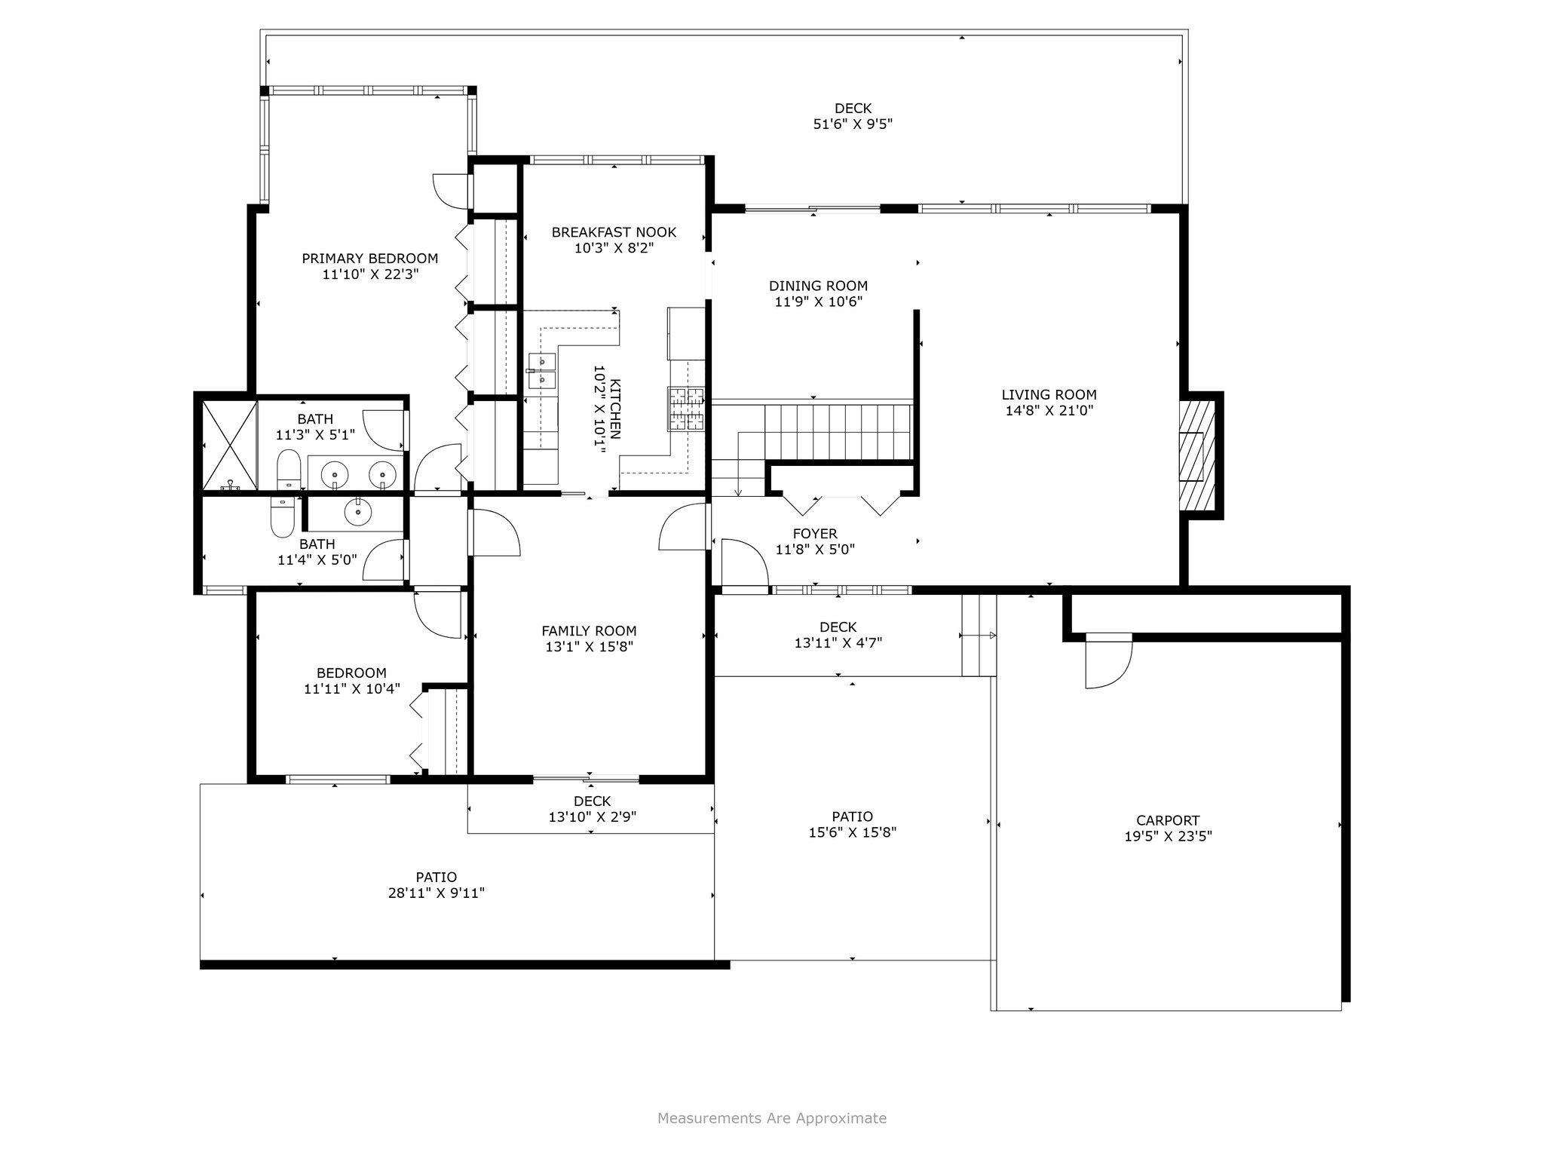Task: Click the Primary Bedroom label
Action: click(369, 259)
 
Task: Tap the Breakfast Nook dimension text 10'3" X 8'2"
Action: click(614, 248)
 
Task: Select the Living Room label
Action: click(1049, 394)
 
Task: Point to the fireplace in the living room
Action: click(1197, 452)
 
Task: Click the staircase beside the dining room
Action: click(838, 432)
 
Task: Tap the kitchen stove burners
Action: click(685, 408)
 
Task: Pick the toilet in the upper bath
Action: click(288, 469)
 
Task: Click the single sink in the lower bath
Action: click(357, 513)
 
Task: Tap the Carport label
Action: click(1168, 820)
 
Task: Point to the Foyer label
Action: click(815, 534)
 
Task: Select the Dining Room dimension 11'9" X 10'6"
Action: click(818, 302)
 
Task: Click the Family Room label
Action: click(589, 631)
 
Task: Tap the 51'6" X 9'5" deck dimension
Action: click(853, 124)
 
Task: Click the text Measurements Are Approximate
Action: click(772, 1118)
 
